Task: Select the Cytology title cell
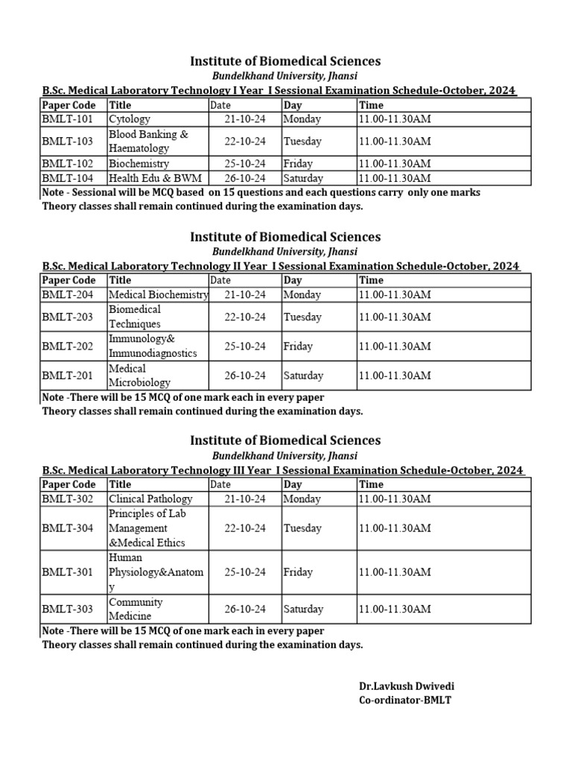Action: coord(130,119)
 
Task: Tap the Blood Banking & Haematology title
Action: coord(148,142)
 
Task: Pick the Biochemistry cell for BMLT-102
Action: coord(139,164)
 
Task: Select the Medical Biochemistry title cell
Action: coord(158,295)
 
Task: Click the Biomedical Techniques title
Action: coord(135,317)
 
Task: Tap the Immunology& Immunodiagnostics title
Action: coord(153,346)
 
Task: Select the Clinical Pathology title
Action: coord(150,499)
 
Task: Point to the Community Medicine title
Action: coord(136,609)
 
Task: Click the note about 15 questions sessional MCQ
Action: coord(261,193)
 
